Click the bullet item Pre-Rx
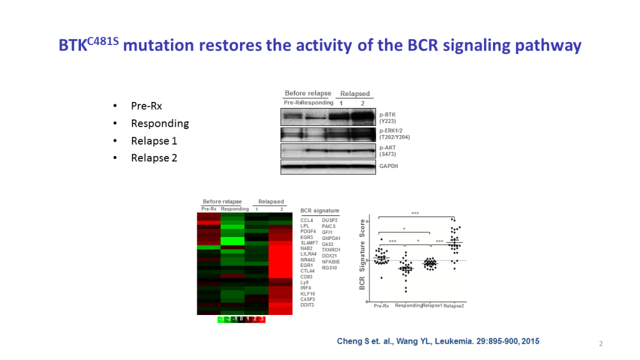coord(146,106)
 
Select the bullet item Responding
coord(160,124)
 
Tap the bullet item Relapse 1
coord(154,141)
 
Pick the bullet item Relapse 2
coord(154,158)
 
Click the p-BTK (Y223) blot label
coord(388,116)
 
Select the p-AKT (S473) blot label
coord(387,150)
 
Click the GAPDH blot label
coord(389,166)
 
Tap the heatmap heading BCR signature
coord(320,211)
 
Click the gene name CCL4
coord(307,220)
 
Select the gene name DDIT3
coord(307,305)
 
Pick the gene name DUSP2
coord(329,220)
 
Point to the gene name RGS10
coord(329,268)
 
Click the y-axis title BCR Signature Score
coord(362,255)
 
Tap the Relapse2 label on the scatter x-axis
coord(453,306)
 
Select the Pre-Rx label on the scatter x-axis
coord(381,306)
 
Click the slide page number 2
coord(600,344)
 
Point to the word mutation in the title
coord(158,46)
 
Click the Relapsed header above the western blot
coord(355,94)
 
